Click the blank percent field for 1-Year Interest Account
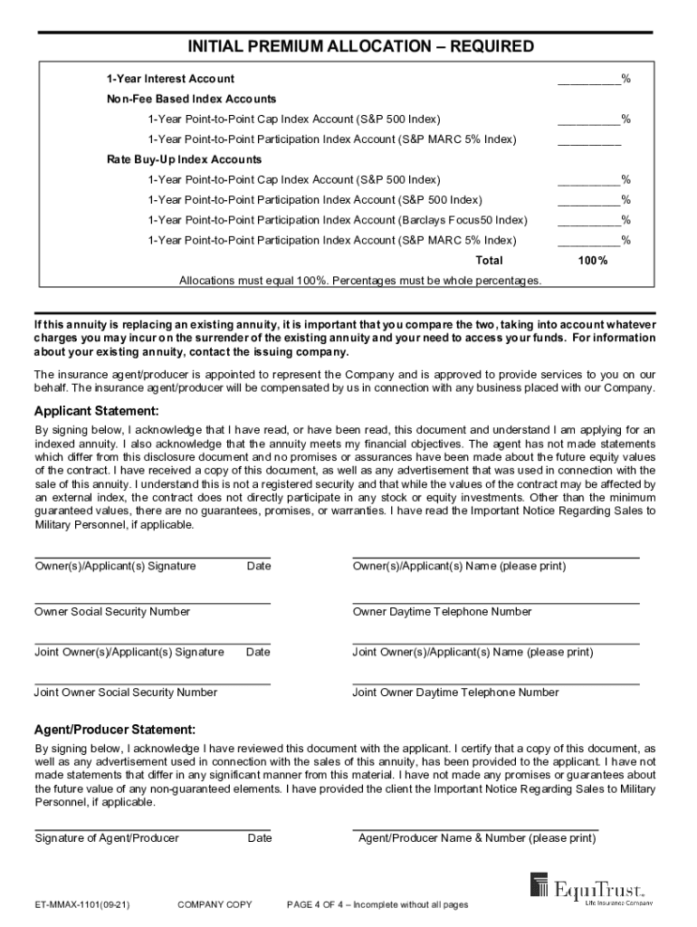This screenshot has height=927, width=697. [588, 79]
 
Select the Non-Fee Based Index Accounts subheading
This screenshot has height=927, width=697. [191, 99]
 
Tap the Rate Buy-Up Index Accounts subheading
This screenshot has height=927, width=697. [185, 159]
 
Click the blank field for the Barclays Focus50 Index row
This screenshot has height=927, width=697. [588, 220]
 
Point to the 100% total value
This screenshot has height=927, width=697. [593, 261]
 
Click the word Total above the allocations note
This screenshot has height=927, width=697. [489, 261]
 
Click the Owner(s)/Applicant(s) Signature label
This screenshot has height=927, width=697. [115, 567]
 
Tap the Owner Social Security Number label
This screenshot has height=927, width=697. [112, 612]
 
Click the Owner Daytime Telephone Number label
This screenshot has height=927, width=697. [442, 612]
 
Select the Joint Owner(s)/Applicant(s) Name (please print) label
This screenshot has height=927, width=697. [473, 652]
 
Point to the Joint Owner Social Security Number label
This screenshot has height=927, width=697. [126, 693]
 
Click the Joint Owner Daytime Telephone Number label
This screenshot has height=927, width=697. [455, 693]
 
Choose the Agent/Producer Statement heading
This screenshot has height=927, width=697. [114, 730]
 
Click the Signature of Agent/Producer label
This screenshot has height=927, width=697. [107, 838]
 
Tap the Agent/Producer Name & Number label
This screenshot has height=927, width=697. [477, 838]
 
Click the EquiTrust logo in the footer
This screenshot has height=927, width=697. [591, 889]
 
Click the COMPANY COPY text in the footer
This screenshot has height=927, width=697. [215, 904]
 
